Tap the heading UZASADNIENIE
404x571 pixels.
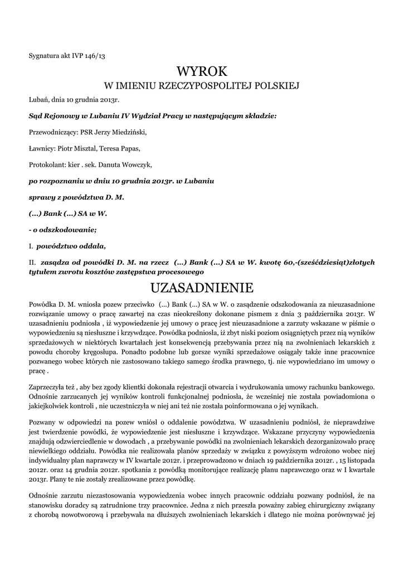click(x=202, y=288)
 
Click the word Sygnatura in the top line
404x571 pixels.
click(x=43, y=55)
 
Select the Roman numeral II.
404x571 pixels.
click(x=32, y=262)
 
